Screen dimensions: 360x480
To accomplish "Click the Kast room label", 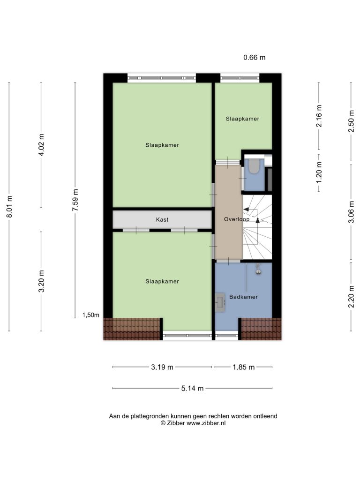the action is coord(162,219).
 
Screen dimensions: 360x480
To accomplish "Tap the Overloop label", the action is coord(236,219).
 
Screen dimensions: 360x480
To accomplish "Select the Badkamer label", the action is coord(243,297).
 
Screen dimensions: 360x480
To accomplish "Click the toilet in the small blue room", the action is coord(254,166).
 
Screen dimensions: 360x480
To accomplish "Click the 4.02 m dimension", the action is coord(41,145).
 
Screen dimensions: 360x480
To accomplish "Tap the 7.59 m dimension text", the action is coord(75,200).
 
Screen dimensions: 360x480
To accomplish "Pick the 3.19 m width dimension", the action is coord(162,367).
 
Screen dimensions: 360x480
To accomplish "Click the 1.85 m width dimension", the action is coord(244,367).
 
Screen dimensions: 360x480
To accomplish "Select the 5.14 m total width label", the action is coord(192,389).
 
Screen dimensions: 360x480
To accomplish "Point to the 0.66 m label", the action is coord(255,57).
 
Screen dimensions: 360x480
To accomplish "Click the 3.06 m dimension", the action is coord(351,212).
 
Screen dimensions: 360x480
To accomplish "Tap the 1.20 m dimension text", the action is coord(319,172).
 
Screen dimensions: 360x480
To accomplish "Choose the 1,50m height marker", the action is coord(91,315).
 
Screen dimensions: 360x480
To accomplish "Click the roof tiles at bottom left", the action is coord(133,329).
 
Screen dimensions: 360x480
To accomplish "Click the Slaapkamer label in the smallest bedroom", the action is coord(242,119).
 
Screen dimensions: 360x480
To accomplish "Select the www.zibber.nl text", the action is coord(206,423).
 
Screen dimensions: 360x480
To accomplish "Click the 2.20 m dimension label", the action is coord(351,296).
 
